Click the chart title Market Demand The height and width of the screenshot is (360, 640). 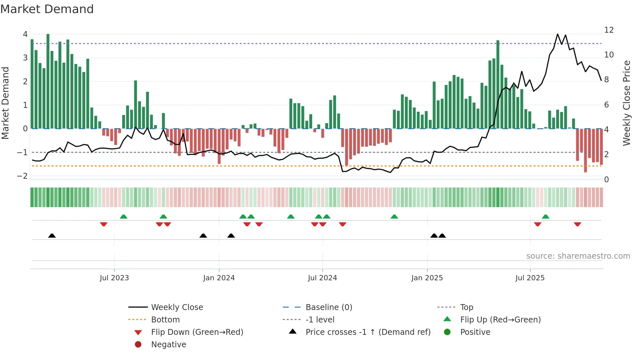click(x=47, y=9)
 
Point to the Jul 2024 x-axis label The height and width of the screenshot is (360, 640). click(x=322, y=278)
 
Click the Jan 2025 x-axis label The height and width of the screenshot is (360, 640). click(x=427, y=278)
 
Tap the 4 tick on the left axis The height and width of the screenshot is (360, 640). click(x=25, y=34)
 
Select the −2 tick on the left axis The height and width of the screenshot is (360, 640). click(x=23, y=176)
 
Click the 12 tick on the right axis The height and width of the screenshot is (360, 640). click(x=609, y=30)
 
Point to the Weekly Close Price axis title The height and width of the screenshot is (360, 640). click(x=626, y=103)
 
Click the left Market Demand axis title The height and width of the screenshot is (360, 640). click(x=6, y=103)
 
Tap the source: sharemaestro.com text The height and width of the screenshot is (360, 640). click(x=578, y=256)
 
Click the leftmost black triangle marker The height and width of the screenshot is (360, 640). click(x=52, y=236)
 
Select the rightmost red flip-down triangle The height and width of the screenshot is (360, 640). click(x=577, y=224)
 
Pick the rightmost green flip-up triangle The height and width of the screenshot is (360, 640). click(x=545, y=217)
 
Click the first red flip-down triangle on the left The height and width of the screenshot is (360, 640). click(x=104, y=224)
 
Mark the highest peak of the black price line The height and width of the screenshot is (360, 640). click(x=557, y=34)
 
